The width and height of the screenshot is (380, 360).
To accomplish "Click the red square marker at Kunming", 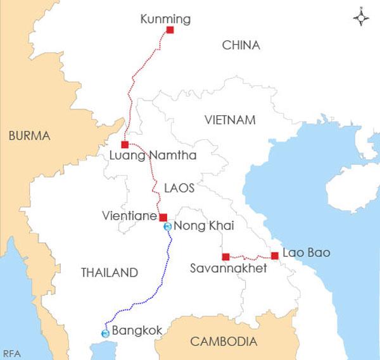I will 170,30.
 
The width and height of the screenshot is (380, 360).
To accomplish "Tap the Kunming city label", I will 165,20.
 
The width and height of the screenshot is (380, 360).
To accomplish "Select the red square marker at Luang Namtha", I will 125,144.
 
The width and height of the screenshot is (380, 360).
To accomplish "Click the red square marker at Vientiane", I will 163,217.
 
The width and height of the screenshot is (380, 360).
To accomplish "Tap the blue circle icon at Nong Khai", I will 167,226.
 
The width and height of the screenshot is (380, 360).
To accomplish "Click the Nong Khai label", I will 199,226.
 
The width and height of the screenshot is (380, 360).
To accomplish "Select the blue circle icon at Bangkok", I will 105,333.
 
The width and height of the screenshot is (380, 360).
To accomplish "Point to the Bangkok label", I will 137,331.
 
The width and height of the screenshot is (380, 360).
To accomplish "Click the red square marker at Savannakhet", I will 225,256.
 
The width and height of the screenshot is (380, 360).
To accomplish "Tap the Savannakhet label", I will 229,269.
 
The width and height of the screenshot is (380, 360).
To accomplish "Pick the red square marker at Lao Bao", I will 274,256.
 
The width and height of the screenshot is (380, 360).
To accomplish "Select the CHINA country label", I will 241,45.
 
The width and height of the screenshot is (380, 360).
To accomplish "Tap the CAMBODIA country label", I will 224,342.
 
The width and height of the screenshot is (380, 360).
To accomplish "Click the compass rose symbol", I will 361,18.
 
